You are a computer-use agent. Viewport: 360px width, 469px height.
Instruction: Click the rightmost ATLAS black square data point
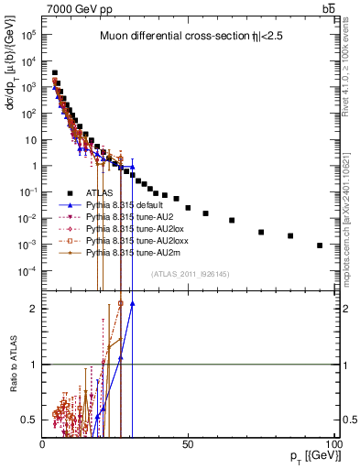click(320, 245)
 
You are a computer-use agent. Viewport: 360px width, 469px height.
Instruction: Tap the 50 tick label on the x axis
click(188, 442)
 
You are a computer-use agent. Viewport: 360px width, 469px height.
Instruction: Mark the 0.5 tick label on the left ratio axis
click(27, 420)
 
